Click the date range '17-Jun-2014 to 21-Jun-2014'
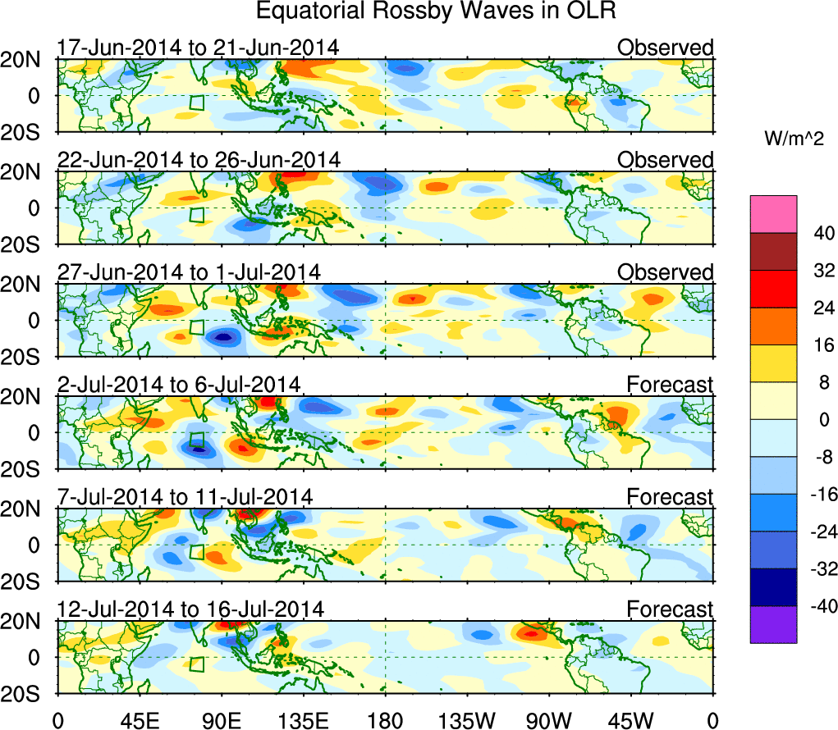[x=197, y=48]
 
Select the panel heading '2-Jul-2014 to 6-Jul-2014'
[x=179, y=384]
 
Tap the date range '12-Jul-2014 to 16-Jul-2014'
[x=190, y=609]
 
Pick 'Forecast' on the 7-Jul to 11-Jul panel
[x=670, y=497]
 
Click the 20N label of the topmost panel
[x=28, y=58]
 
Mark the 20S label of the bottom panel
[x=28, y=694]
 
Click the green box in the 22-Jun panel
[x=196, y=215]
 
